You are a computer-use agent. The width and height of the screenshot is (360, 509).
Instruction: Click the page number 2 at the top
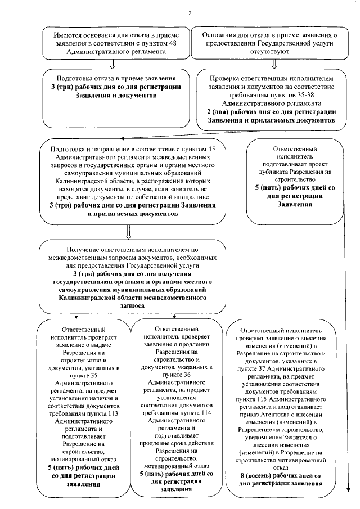pyautogui.click(x=190, y=13)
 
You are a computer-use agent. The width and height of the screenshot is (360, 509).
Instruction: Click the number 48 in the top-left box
pyautogui.click(x=179, y=42)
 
